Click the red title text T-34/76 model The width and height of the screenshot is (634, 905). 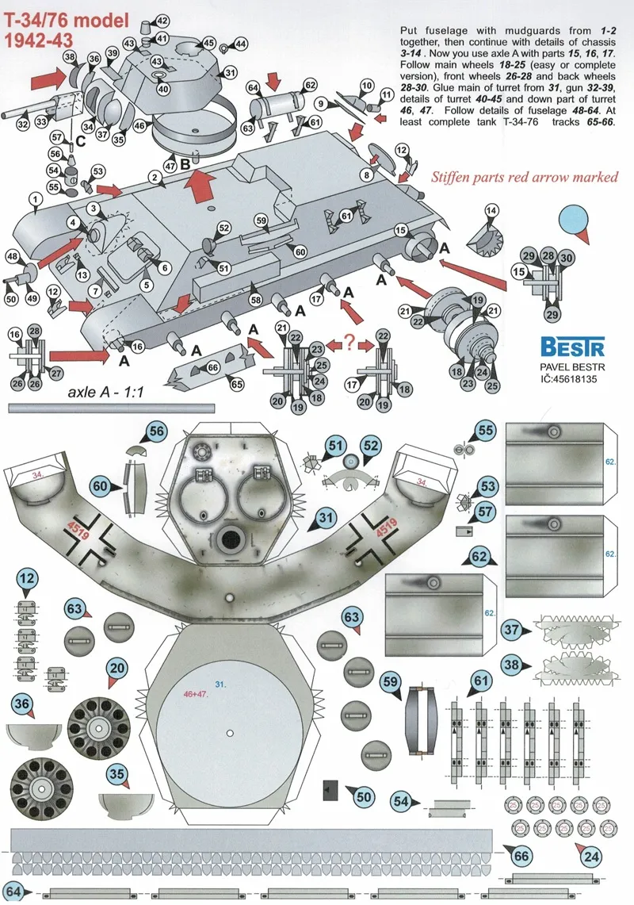point(67,21)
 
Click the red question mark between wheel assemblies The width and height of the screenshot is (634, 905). point(349,342)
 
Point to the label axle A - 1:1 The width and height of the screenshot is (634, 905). point(105,393)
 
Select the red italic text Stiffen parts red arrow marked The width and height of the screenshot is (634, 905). point(525,177)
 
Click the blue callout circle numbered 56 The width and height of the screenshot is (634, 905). point(156,431)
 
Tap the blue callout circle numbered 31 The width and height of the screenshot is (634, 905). point(326,518)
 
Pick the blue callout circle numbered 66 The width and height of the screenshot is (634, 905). point(521,855)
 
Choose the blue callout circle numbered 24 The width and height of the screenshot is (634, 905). point(591,857)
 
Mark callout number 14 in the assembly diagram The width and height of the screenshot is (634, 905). point(491,211)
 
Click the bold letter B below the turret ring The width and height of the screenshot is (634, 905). point(185,164)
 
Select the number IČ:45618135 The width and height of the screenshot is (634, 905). point(568,379)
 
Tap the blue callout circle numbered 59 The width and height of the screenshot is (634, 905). point(391,681)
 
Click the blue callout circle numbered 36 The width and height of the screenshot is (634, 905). point(22,704)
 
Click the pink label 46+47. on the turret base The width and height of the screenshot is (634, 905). point(196,694)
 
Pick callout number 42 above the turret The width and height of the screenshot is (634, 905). point(162,21)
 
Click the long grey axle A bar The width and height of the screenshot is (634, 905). point(111,408)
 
